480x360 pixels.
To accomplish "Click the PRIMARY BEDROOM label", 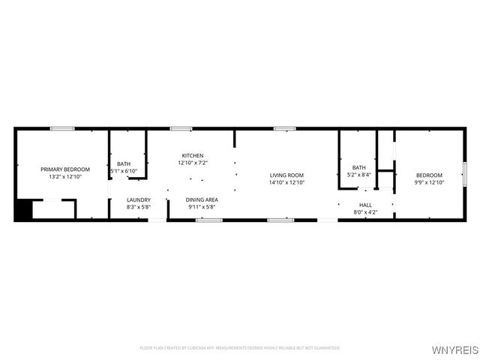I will (65, 169).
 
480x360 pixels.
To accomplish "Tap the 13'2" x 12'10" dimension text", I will (65, 177).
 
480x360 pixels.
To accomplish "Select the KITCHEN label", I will (193, 155).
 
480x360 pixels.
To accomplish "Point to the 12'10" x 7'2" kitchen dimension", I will (193, 163).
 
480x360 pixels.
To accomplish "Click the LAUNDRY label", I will (139, 199).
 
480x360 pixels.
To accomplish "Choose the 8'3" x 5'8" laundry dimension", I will (139, 207).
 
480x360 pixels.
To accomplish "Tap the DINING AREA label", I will (202, 199).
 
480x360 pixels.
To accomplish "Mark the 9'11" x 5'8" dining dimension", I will (202, 207).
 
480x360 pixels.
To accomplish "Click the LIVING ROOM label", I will (287, 175).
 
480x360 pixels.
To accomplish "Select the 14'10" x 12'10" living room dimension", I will (287, 183).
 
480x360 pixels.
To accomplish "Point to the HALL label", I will (365, 205).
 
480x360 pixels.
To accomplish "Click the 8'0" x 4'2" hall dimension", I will (365, 212).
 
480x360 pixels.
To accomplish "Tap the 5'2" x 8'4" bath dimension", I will (359, 175).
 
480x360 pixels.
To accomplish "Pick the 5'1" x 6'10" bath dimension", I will (124, 171).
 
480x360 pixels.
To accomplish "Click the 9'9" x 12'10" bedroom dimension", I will (430, 182).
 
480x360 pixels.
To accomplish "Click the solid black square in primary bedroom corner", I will (22, 210).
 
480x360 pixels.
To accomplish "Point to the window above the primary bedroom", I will (61, 129).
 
